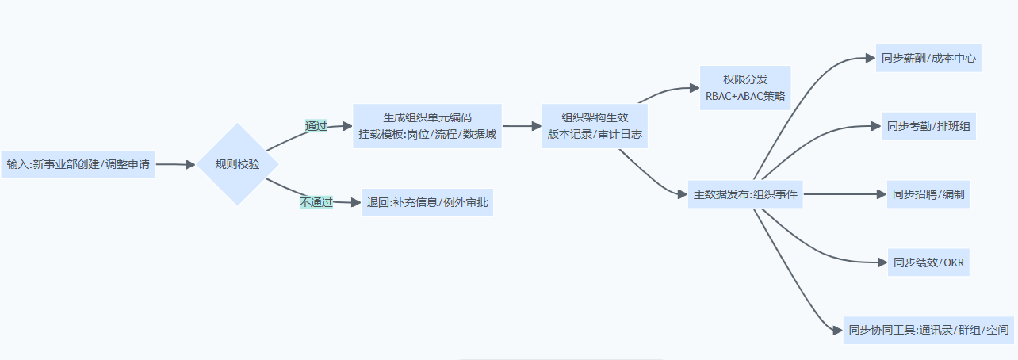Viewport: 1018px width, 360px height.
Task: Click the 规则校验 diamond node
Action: click(236, 165)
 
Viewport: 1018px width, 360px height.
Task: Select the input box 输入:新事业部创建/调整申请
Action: click(78, 165)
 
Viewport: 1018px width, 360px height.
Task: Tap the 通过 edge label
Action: click(316, 126)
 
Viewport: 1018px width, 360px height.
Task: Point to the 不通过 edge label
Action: click(316, 202)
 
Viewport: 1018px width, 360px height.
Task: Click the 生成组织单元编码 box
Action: click(427, 126)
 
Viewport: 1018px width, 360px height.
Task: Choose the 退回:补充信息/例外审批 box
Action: click(427, 202)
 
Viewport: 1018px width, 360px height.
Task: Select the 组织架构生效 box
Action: click(595, 126)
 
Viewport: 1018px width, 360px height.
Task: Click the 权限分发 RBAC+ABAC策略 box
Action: click(745, 87)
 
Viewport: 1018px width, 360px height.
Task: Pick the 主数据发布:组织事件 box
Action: click(745, 194)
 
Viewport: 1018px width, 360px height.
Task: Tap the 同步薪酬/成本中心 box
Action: click(928, 58)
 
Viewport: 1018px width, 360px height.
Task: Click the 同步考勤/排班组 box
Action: click(928, 126)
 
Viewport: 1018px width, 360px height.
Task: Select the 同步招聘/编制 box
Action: click(928, 194)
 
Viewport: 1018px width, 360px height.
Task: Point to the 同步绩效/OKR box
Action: click(928, 262)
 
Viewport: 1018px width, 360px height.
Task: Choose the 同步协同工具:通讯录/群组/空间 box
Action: click(928, 330)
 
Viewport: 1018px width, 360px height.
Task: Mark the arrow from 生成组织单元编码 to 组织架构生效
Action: click(522, 126)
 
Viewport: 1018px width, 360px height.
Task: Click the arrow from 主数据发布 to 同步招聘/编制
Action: click(844, 194)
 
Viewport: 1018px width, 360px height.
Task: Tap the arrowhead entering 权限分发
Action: click(693, 88)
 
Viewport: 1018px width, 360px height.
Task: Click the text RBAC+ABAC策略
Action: click(745, 96)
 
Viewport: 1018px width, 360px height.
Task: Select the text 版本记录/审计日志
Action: click(595, 135)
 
